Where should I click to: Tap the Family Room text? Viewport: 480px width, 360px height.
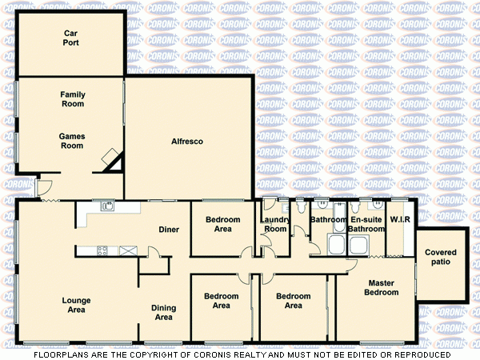coord(73,99)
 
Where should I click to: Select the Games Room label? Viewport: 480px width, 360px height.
coord(72,141)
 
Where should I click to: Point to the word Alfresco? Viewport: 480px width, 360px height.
coord(187,142)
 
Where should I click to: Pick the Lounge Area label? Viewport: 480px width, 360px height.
coord(76,305)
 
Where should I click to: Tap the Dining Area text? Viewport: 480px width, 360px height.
coord(164,312)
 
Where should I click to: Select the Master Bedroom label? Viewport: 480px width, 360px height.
coord(382,287)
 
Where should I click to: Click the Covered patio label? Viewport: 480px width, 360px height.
coord(441,257)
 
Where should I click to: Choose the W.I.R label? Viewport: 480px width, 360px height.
coord(399,220)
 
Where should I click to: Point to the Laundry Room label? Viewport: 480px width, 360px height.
coord(275,224)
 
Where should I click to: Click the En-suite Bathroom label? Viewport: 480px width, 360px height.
coord(368,224)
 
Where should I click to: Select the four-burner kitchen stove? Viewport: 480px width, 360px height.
coord(102,250)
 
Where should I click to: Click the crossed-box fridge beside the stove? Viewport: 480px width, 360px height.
coord(126,250)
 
